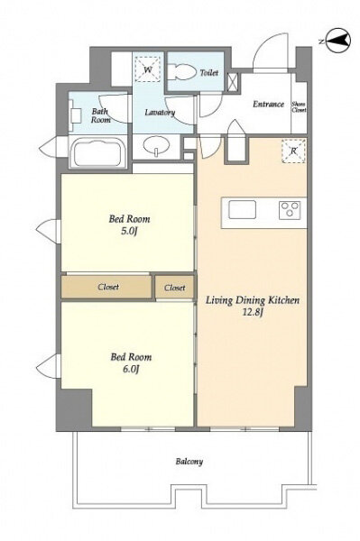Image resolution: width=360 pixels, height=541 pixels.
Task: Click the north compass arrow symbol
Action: pyautogui.click(x=337, y=41)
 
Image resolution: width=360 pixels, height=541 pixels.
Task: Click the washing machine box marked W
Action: pyautogui.click(x=148, y=69)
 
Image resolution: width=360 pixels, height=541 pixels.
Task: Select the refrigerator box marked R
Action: pyautogui.click(x=294, y=151)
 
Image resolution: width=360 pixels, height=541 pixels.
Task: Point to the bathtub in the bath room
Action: pyautogui.click(x=97, y=151)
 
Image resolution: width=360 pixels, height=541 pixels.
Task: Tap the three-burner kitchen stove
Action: pyautogui.click(x=290, y=210)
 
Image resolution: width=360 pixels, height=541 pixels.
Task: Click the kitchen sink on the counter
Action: pyautogui.click(x=242, y=210)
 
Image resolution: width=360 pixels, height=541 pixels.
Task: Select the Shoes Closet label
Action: pyautogui.click(x=299, y=107)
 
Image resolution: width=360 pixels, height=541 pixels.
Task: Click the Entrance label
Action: pyautogui.click(x=268, y=104)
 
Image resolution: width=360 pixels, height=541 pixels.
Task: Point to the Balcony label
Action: pyautogui.click(x=189, y=462)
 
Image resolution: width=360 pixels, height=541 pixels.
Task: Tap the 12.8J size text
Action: pyautogui.click(x=253, y=313)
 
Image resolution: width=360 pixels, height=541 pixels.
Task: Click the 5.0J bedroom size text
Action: pyautogui.click(x=129, y=231)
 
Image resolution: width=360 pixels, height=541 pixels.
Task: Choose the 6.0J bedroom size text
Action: pyautogui.click(x=131, y=369)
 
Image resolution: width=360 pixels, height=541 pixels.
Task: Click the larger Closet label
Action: pyautogui.click(x=108, y=287)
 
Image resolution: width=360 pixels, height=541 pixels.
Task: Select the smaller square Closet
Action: pyautogui.click(x=175, y=287)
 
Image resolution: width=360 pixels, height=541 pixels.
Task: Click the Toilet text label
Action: pyautogui.click(x=209, y=72)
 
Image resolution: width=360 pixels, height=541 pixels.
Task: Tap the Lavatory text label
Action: pyautogui.click(x=160, y=112)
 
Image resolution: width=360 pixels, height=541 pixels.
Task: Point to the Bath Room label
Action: pyautogui.click(x=101, y=115)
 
